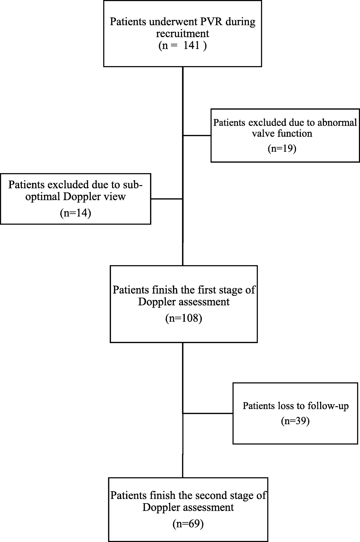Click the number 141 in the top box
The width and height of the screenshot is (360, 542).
pyautogui.click(x=192, y=45)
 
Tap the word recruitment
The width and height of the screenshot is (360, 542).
pyautogui.click(x=182, y=34)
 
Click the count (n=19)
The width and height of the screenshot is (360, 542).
pyautogui.click(x=282, y=149)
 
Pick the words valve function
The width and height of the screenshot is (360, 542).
pyautogui.click(x=282, y=133)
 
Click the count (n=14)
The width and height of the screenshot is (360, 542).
pyautogui.click(x=75, y=213)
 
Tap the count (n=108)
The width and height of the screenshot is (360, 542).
pyautogui.click(x=184, y=318)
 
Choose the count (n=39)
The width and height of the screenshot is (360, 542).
pyautogui.click(x=295, y=421)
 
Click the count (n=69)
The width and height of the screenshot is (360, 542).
pyautogui.click(x=188, y=524)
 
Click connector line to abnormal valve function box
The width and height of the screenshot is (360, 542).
pyautogui.click(x=197, y=135)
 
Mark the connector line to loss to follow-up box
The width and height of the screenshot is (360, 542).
pyautogui.click(x=208, y=413)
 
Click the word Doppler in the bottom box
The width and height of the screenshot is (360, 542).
pyautogui.click(x=160, y=508)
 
